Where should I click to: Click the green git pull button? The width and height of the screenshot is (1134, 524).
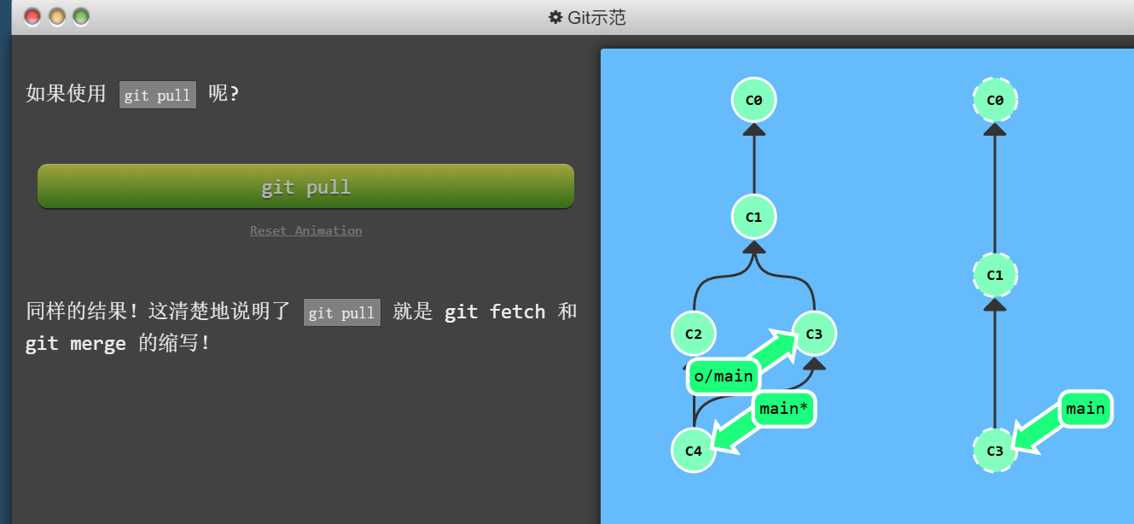pyautogui.click(x=305, y=186)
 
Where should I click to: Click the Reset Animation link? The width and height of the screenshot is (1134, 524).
pyautogui.click(x=305, y=230)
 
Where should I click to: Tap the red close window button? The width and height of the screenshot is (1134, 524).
pyautogui.click(x=32, y=16)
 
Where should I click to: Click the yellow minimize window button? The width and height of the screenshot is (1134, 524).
pyautogui.click(x=57, y=16)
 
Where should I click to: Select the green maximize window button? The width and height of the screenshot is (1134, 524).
pyautogui.click(x=81, y=16)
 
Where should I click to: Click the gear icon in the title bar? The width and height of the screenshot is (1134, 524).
pyautogui.click(x=555, y=17)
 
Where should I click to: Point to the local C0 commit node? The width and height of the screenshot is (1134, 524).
pyautogui.click(x=753, y=100)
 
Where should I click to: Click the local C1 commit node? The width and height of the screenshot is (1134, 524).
pyautogui.click(x=753, y=217)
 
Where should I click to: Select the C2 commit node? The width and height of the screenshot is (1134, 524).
pyautogui.click(x=693, y=334)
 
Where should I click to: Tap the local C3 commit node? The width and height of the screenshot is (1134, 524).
pyautogui.click(x=814, y=334)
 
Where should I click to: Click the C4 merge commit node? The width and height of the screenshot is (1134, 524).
pyautogui.click(x=693, y=451)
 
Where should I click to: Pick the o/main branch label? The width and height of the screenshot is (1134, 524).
pyautogui.click(x=724, y=376)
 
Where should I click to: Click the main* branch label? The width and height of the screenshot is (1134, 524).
pyautogui.click(x=784, y=409)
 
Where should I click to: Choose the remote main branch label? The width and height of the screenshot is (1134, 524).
pyautogui.click(x=1085, y=409)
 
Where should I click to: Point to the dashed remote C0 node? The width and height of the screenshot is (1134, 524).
pyautogui.click(x=995, y=100)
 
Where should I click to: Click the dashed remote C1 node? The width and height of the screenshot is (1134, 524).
pyautogui.click(x=995, y=275)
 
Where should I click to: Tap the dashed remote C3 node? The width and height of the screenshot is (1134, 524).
pyautogui.click(x=995, y=451)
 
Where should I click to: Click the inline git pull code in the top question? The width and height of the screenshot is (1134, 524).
pyautogui.click(x=158, y=95)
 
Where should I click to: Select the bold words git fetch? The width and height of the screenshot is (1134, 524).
pyautogui.click(x=495, y=311)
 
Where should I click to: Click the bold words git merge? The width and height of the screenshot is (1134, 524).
pyautogui.click(x=76, y=344)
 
